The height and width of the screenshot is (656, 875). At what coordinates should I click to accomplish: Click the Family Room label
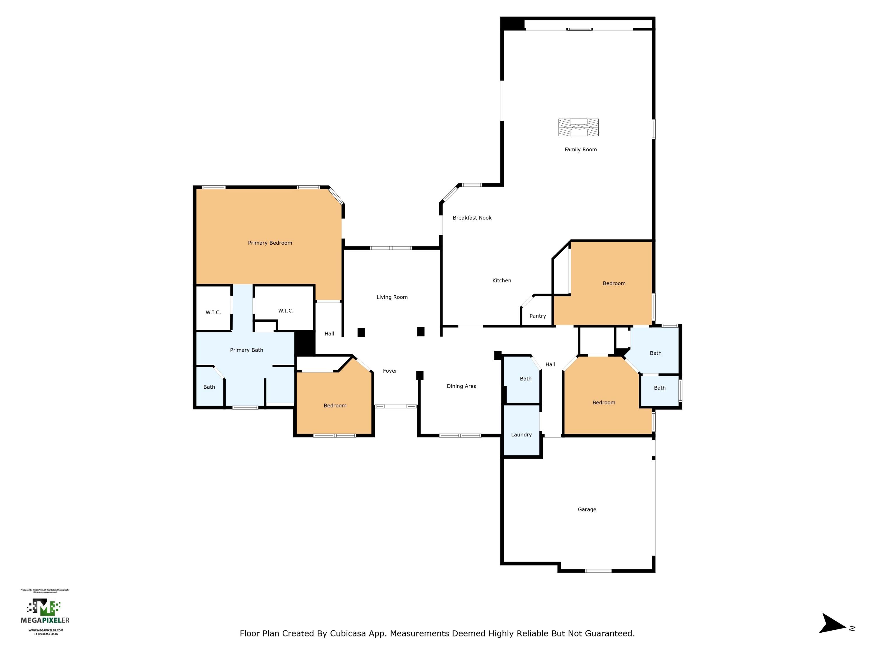[x=580, y=150]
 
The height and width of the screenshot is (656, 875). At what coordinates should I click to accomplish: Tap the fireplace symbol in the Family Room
[x=578, y=127]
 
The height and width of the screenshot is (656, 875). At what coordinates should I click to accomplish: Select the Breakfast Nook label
[x=472, y=218]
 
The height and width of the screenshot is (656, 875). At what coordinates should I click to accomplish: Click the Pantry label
[x=538, y=316]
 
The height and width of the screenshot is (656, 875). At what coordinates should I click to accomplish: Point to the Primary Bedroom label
[x=270, y=243]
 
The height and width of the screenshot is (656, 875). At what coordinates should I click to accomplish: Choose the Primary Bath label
[x=246, y=350]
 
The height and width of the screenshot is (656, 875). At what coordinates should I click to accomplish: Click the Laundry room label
[x=521, y=435]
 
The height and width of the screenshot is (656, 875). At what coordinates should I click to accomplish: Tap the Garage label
[x=587, y=509]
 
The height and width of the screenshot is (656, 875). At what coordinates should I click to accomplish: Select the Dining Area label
[x=461, y=386]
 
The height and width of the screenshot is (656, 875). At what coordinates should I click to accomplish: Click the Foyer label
[x=390, y=371]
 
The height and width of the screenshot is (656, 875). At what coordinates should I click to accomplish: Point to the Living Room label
[x=392, y=297]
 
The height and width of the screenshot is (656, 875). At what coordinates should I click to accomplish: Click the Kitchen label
[x=502, y=281]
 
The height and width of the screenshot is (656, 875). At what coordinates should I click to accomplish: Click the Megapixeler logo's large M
[x=43, y=607]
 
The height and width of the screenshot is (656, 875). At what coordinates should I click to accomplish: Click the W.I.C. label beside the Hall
[x=286, y=311]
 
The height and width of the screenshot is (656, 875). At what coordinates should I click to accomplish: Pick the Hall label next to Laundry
[x=550, y=364]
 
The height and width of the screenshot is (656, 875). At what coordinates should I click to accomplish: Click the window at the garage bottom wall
[x=598, y=571]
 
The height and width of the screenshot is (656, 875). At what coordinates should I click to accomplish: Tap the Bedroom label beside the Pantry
[x=614, y=283]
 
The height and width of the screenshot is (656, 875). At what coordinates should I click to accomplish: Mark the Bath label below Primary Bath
[x=209, y=387]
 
